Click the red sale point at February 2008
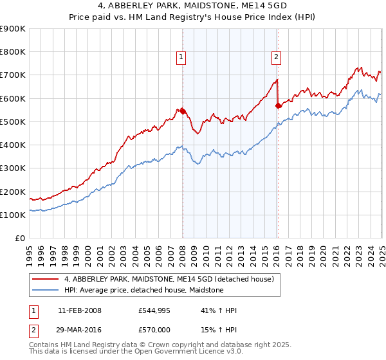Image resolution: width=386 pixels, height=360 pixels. click(183, 111)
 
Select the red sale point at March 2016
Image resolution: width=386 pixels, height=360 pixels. click(279, 105)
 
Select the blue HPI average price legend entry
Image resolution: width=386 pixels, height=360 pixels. click(143, 290)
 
